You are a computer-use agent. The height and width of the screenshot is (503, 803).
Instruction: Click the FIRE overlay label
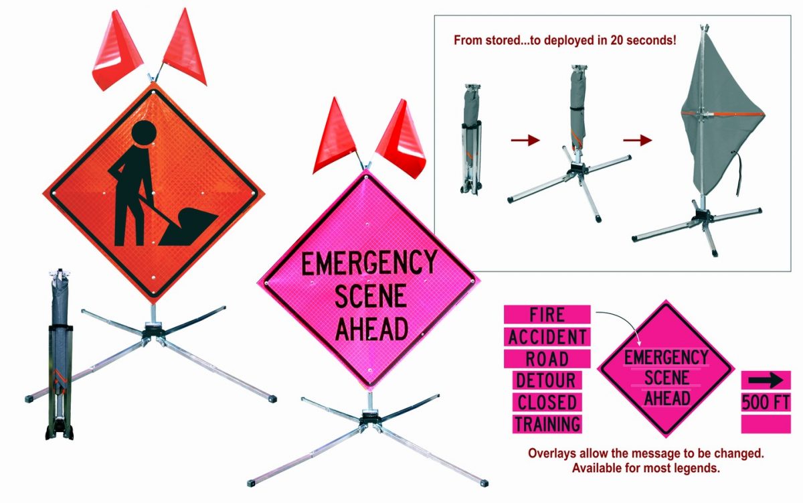547,314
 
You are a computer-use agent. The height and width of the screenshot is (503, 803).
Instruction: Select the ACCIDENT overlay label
547,336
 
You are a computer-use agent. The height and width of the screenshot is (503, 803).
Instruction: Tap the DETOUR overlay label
547,380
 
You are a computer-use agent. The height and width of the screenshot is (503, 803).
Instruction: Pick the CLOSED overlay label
547,402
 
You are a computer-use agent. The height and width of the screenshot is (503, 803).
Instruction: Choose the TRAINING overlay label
547,424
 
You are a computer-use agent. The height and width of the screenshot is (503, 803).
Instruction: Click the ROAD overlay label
547,358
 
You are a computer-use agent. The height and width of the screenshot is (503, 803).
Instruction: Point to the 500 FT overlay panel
766,403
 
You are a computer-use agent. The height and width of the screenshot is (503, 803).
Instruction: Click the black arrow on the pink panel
766,381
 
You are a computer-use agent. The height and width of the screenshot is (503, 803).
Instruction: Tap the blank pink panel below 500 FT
766,424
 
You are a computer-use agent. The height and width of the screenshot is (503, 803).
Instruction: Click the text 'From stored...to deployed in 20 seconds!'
565,40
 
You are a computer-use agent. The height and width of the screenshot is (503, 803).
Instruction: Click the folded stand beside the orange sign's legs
60,355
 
